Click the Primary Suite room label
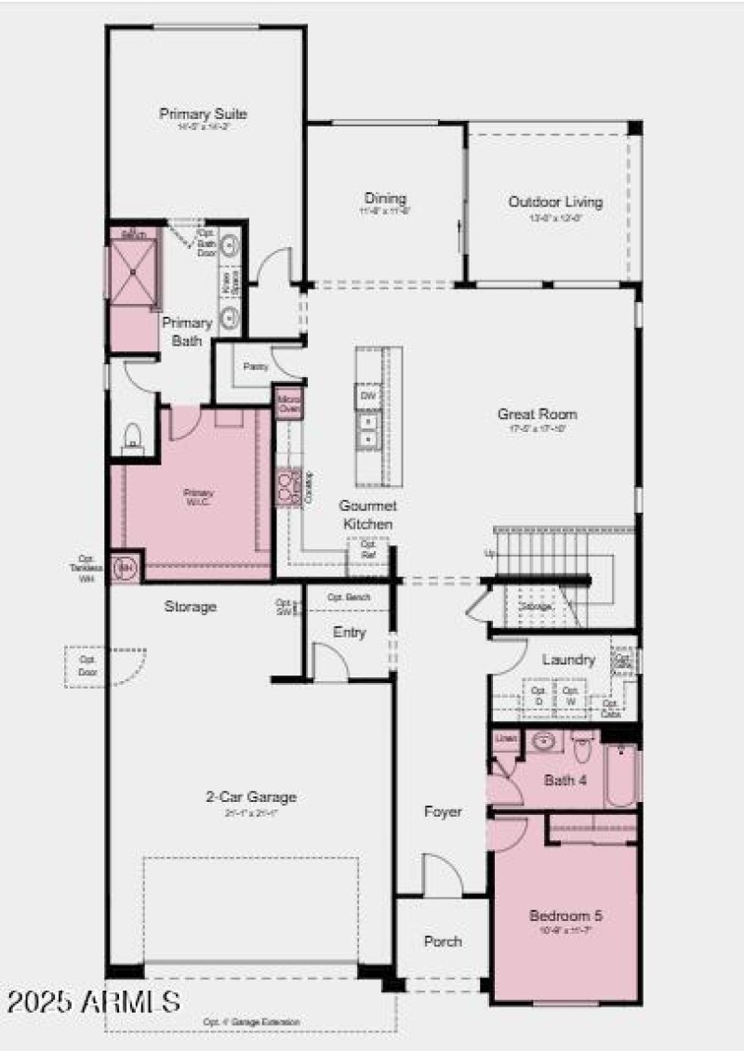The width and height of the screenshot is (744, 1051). [203, 114]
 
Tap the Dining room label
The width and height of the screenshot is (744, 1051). [385, 199]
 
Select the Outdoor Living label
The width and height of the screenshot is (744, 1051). [555, 202]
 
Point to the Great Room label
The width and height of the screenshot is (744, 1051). [537, 414]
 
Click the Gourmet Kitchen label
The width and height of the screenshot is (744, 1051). [367, 515]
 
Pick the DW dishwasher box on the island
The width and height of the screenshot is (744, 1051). [367, 397]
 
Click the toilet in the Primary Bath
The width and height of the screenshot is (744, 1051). [132, 434]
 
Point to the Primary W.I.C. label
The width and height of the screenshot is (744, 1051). [198, 497]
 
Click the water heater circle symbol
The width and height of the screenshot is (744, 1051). [125, 566]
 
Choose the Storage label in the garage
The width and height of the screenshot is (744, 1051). [191, 607]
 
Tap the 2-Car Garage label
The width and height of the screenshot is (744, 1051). [251, 797]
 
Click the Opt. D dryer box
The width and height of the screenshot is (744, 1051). [538, 696]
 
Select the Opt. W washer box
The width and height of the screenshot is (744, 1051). [571, 696]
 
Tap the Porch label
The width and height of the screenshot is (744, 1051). [443, 941]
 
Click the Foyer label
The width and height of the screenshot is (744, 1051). [443, 812]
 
